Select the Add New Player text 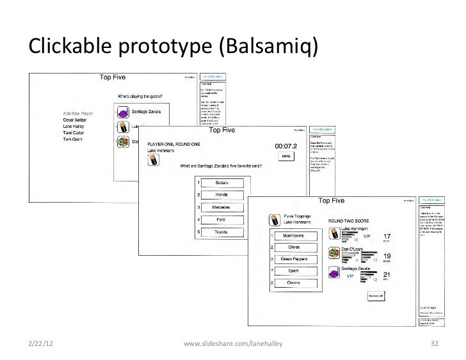point(78,113)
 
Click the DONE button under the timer point(286,156)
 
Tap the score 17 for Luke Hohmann point(387,236)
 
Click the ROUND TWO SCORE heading point(351,221)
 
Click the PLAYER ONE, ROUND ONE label point(174,146)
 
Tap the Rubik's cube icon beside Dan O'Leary point(333,251)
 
